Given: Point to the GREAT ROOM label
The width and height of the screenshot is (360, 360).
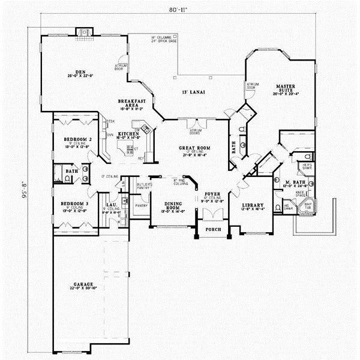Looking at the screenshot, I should [x=193, y=148].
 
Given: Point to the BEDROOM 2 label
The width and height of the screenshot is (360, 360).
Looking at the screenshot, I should [x=77, y=139].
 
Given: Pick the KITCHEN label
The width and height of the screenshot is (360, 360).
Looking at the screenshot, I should [x=128, y=133].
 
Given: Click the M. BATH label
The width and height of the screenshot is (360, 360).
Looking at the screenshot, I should [x=292, y=182].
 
